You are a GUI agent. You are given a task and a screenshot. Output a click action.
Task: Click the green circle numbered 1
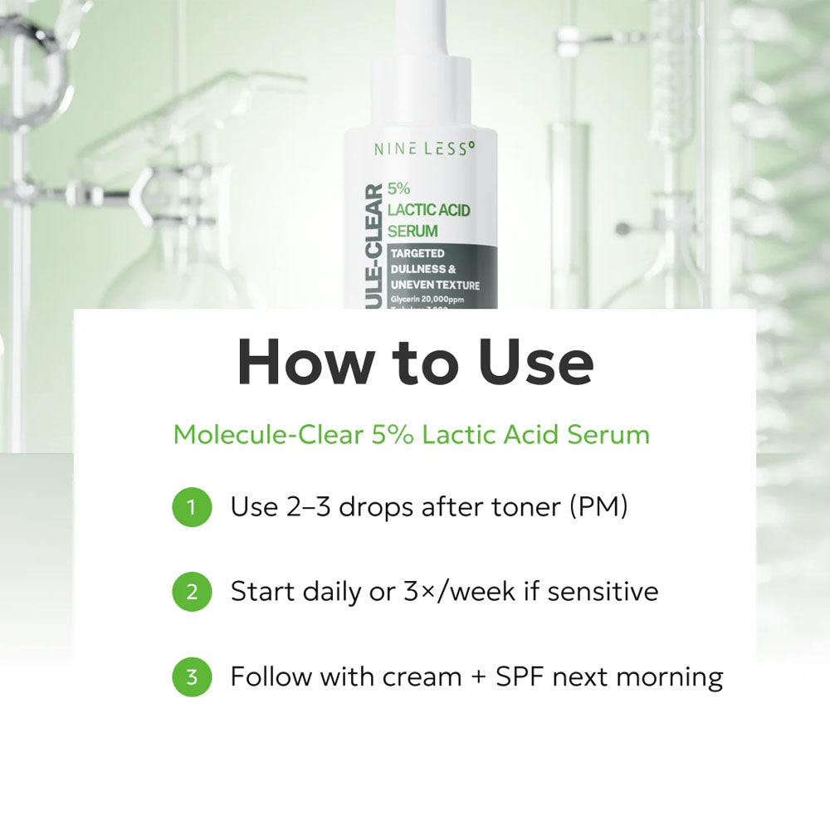click(x=192, y=507)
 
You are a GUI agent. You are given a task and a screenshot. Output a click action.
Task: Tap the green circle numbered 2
click(x=192, y=592)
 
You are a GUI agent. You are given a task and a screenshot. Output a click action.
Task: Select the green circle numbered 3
click(x=192, y=676)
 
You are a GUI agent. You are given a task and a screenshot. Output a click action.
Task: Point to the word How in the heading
click(x=297, y=364)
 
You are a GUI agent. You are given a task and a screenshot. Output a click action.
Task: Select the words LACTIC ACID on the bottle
click(x=428, y=210)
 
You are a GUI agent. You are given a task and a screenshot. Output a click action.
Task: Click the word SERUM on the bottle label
click(x=413, y=231)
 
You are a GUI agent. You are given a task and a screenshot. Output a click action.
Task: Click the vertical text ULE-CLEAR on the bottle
click(x=372, y=245)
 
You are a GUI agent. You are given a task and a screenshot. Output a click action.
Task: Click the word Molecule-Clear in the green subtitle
click(x=267, y=435)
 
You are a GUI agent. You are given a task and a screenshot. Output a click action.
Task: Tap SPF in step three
click(x=520, y=676)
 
